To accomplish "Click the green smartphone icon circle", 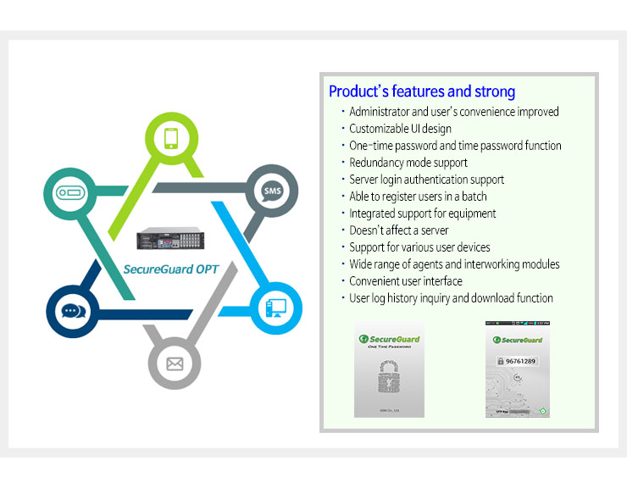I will [172, 138].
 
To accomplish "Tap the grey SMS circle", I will [271, 191].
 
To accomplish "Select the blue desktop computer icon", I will [276, 308].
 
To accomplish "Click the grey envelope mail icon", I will [175, 364].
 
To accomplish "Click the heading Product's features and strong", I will [421, 91].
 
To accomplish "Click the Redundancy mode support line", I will [408, 163].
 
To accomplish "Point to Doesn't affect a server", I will [399, 230].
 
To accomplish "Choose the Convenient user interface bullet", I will [406, 281].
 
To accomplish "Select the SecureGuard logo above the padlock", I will [389, 339].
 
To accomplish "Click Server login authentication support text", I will [426, 180].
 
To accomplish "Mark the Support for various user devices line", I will [419, 247].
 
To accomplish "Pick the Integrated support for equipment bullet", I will [423, 213].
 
